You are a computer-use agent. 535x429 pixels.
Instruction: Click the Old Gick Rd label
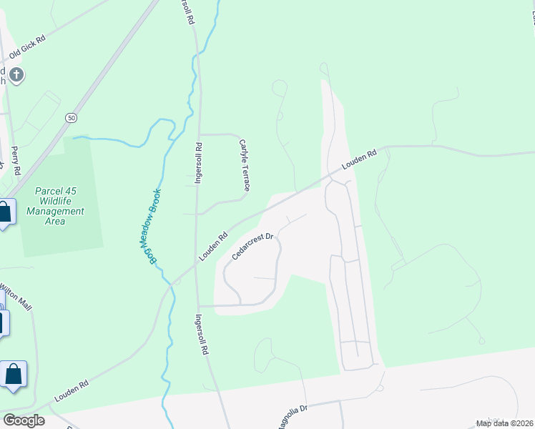(x=27, y=45)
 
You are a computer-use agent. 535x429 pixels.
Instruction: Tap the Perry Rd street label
(x=16, y=162)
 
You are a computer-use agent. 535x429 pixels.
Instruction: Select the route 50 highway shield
(x=70, y=117)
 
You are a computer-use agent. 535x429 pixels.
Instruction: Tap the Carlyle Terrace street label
(x=244, y=165)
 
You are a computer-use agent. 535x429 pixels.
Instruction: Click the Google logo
(x=23, y=420)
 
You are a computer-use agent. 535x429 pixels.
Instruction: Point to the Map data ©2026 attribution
(x=504, y=423)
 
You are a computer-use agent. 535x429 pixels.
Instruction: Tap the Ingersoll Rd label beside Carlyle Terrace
(x=199, y=164)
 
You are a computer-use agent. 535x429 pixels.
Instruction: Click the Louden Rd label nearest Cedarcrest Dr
(x=213, y=246)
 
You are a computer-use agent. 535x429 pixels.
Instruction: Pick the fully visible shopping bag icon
(x=14, y=375)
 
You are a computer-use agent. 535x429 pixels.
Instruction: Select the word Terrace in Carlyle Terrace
(x=246, y=176)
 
